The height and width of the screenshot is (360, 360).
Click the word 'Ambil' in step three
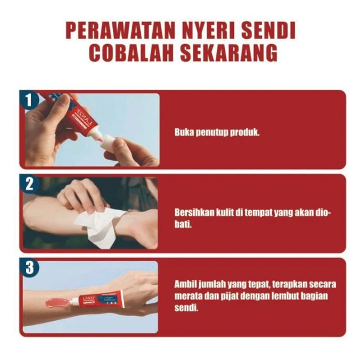(184, 284)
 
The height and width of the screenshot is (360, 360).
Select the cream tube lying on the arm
(99, 299)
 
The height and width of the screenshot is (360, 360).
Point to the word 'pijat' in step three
(226, 296)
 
